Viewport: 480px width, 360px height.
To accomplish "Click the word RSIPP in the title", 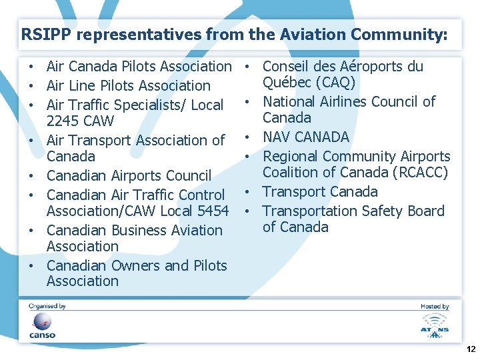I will pyautogui.click(x=41, y=34).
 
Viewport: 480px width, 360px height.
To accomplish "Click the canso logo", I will pyautogui.click(x=42, y=325).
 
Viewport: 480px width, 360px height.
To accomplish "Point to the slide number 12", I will pyautogui.click(x=471, y=349).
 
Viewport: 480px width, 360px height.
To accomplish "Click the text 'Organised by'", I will pyautogui.click(x=47, y=307).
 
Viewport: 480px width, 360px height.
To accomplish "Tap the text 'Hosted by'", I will pyautogui.click(x=435, y=307).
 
